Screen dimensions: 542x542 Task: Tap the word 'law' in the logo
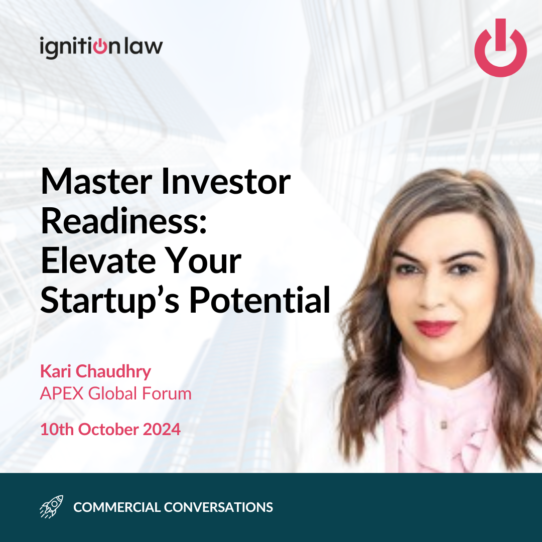[144, 46]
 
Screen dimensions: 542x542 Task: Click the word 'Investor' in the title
[226, 182]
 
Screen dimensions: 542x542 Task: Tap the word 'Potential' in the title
[260, 300]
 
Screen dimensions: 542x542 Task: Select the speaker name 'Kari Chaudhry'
[96, 371]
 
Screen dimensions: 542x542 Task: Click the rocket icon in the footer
[52, 507]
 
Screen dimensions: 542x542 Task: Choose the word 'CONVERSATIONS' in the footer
[218, 507]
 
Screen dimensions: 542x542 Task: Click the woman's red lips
[435, 328]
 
